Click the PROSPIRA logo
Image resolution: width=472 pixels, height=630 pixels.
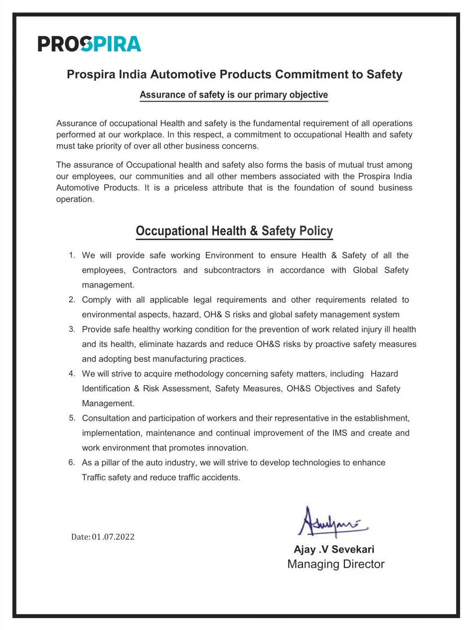click(x=90, y=44)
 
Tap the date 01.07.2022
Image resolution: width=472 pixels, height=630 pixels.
click(x=113, y=537)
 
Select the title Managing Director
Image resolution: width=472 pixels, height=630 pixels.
click(x=335, y=564)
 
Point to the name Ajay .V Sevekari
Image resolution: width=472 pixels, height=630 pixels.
click(x=334, y=549)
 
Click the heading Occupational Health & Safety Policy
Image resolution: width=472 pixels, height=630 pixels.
click(x=234, y=231)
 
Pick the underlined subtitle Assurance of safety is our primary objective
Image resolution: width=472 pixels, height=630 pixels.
click(x=234, y=95)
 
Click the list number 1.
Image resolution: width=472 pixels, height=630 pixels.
click(x=72, y=255)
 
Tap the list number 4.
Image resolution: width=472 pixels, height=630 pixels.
click(x=72, y=373)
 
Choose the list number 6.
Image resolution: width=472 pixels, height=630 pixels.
click(x=72, y=462)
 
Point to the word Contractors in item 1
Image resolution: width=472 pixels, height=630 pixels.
click(x=155, y=270)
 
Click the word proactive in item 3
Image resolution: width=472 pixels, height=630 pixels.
click(x=332, y=344)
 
